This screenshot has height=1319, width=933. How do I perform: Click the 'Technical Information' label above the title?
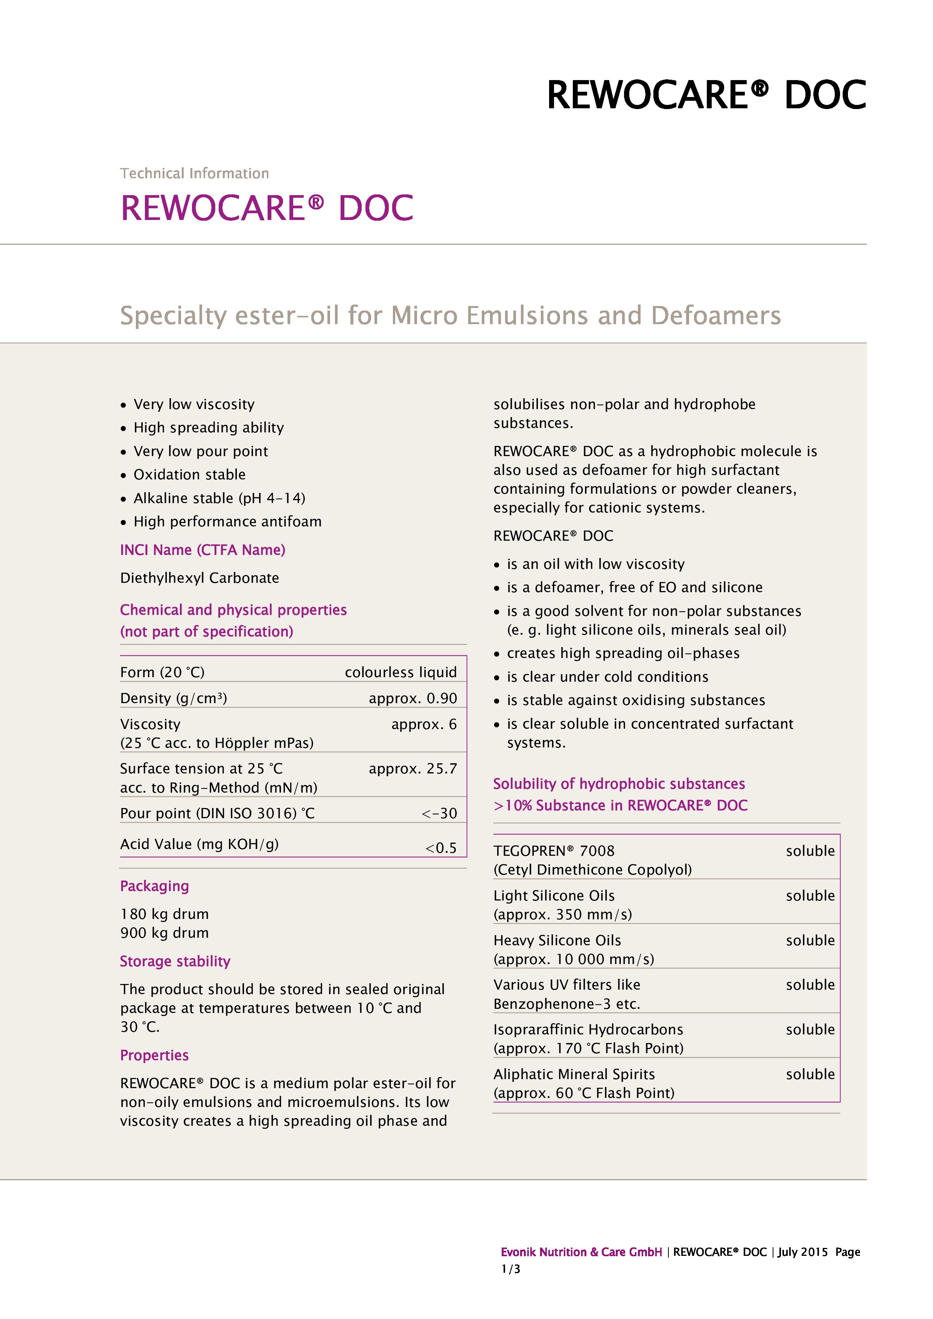tap(194, 173)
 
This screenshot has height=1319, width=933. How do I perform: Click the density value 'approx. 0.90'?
tap(413, 699)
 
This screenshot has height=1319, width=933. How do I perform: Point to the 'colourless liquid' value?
tap(401, 673)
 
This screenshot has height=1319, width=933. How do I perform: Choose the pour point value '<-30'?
tap(439, 813)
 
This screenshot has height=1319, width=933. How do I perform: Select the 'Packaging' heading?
tap(154, 887)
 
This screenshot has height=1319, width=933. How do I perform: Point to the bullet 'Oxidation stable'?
tap(189, 475)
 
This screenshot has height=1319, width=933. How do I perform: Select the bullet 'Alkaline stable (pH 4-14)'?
tap(219, 498)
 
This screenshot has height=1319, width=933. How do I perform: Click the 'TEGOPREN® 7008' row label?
tap(554, 851)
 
